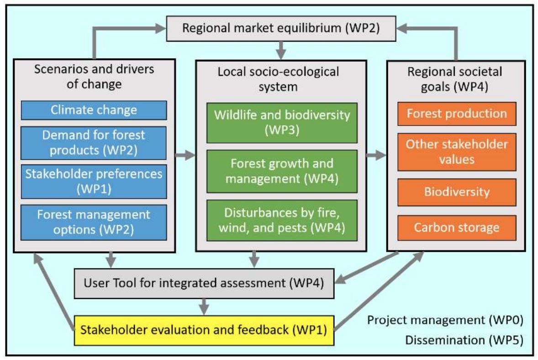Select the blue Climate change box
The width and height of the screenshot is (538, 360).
tap(94, 110)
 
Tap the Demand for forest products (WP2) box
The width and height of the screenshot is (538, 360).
tap(94, 143)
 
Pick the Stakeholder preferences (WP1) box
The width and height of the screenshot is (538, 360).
tap(94, 181)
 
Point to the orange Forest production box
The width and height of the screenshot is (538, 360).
tap(457, 113)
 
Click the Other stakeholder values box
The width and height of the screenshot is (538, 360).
tap(457, 152)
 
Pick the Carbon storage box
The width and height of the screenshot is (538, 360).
tap(457, 227)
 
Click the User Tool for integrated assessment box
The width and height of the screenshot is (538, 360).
tap(204, 283)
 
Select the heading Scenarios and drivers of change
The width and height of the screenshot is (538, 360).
tap(94, 77)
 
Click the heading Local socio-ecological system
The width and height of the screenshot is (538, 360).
tap(280, 79)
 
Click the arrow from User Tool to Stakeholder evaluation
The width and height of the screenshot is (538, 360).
tap(205, 306)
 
